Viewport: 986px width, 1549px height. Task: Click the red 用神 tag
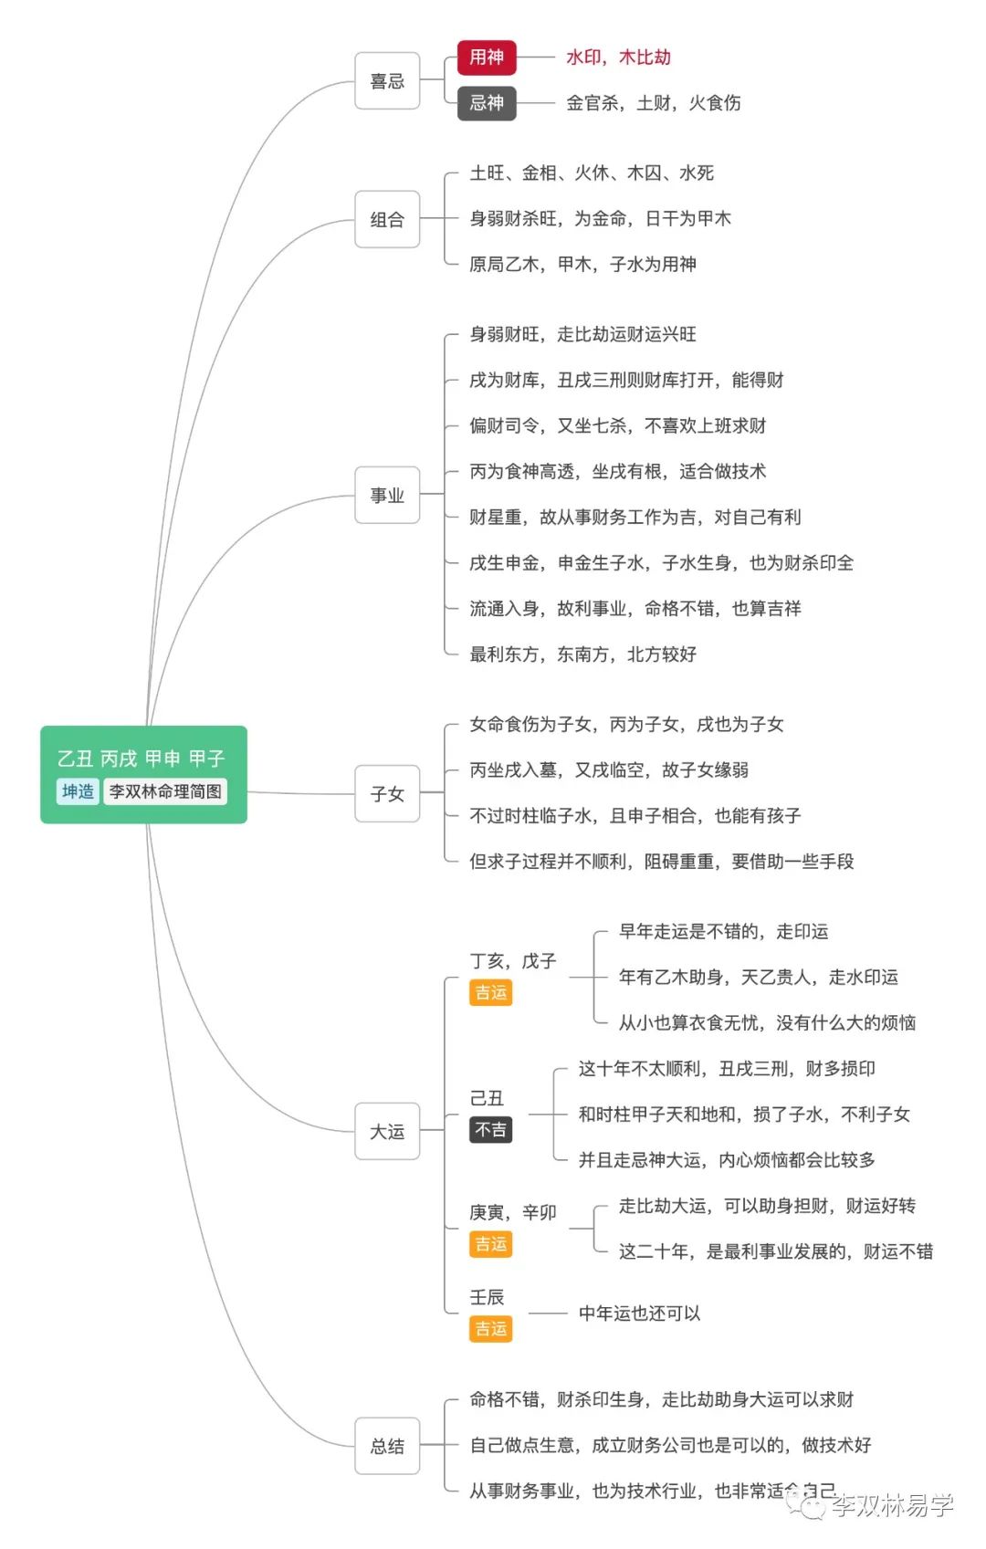(487, 58)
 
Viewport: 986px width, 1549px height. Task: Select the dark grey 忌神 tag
(487, 103)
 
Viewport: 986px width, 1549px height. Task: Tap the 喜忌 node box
(387, 81)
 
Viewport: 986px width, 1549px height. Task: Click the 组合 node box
(387, 219)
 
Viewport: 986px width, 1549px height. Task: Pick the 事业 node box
(387, 495)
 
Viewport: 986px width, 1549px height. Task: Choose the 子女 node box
(387, 793)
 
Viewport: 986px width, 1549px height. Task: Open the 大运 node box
(387, 1131)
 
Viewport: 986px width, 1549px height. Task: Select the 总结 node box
(387, 1445)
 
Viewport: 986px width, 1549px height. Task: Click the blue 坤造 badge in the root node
(78, 791)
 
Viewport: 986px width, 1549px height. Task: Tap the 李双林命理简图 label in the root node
(165, 791)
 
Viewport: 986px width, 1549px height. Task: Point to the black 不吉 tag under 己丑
(490, 1130)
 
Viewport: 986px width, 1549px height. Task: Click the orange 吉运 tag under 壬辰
(490, 1328)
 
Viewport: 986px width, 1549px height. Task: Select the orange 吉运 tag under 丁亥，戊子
(490, 992)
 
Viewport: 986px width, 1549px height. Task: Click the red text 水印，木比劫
(618, 58)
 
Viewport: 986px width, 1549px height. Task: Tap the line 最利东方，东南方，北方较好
(582, 654)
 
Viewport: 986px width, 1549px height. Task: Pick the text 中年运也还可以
(639, 1313)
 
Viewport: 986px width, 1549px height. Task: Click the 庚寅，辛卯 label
(512, 1212)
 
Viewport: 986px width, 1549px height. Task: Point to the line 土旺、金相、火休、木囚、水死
(592, 173)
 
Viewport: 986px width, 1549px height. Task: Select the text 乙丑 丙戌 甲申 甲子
(141, 759)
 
